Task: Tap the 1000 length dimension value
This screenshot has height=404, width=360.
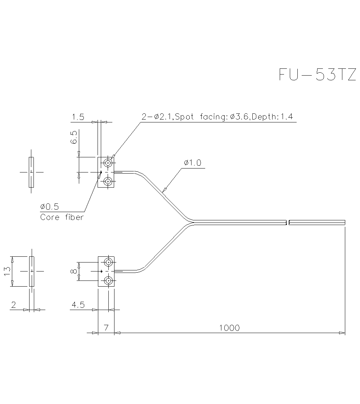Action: coord(229,328)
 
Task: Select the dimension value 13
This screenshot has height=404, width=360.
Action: coord(6,271)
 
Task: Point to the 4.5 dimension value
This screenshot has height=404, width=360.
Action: coord(78,305)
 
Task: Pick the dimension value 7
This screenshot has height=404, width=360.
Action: coord(106,328)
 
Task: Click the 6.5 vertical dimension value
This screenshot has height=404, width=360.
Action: coord(74,137)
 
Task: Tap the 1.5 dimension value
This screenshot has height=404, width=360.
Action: coord(77,117)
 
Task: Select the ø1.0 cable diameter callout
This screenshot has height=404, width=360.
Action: coord(192,163)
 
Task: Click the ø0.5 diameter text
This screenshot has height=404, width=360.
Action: coord(50,207)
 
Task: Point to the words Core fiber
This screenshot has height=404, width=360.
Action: coord(62,217)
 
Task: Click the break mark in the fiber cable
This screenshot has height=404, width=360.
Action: coord(288,222)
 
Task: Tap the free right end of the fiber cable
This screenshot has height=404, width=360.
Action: coord(345,222)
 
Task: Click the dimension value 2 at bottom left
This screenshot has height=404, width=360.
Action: coord(14,305)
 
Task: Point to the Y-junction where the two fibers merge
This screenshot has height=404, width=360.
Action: coord(193,222)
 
